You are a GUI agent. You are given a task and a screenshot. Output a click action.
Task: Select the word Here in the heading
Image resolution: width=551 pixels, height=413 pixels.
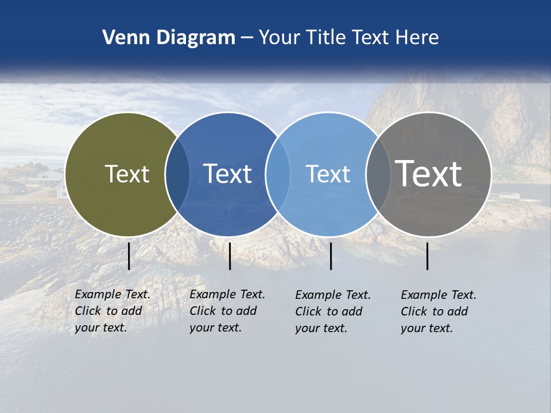[x=417, y=38]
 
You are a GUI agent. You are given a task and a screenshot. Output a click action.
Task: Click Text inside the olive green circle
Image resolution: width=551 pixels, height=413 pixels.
[x=127, y=174]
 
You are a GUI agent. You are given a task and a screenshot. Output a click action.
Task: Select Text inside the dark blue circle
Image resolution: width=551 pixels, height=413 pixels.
[x=227, y=174]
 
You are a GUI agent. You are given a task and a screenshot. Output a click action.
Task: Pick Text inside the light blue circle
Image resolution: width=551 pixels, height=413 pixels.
[x=328, y=174]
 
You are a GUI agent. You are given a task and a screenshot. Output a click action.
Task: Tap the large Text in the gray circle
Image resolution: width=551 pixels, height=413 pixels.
[x=428, y=174]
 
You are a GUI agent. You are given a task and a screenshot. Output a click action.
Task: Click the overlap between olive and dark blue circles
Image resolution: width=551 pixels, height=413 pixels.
[x=177, y=174]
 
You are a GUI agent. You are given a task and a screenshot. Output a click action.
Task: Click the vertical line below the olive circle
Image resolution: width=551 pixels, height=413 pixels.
[x=129, y=256]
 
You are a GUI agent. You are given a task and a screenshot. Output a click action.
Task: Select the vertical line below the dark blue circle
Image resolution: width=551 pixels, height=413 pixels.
[x=230, y=256]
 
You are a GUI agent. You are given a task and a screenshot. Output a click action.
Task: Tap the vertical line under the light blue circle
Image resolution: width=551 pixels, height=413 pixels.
[x=331, y=256]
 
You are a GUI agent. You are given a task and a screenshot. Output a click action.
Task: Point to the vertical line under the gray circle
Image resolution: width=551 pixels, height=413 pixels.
[x=428, y=256]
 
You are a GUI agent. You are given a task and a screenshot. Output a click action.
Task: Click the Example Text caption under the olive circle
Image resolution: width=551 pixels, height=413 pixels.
[x=112, y=311]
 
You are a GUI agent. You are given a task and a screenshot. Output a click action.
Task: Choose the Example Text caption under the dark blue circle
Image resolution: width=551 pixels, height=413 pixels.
[x=227, y=311]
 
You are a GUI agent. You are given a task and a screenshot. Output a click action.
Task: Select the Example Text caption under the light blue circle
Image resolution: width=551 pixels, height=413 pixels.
[x=333, y=311]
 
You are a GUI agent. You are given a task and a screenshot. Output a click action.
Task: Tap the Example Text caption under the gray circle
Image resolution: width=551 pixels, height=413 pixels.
[x=439, y=311]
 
